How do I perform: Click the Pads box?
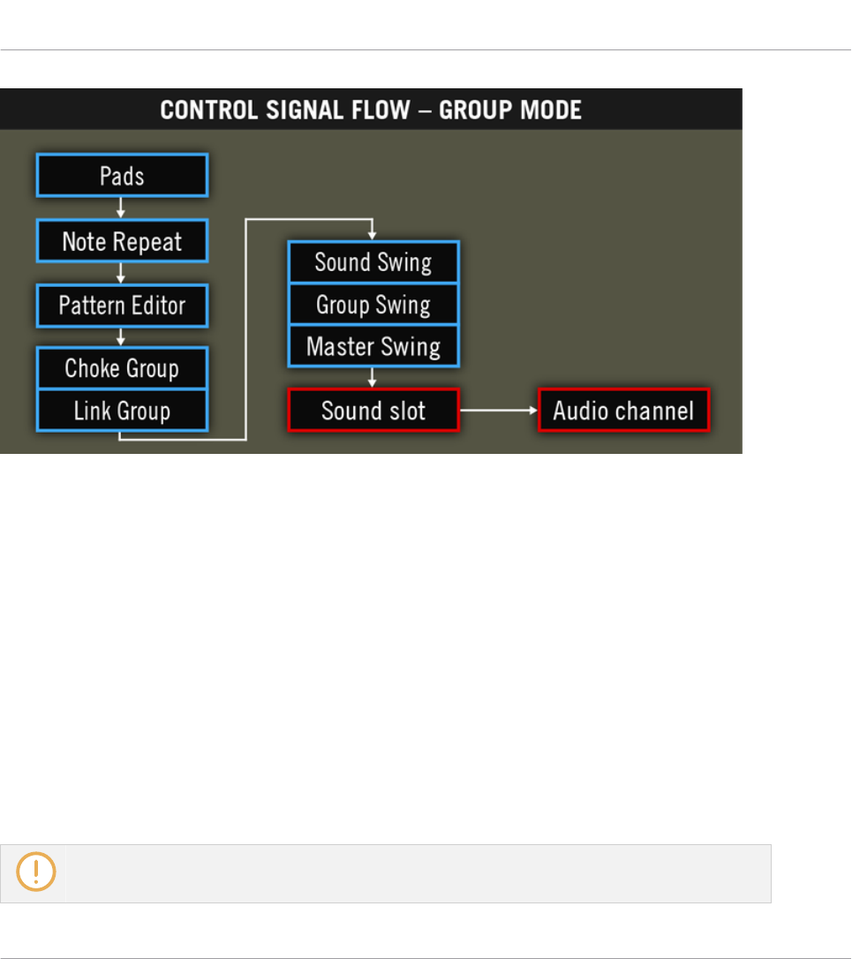[122, 177]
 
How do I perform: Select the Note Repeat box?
[122, 241]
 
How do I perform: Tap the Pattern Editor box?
[122, 306]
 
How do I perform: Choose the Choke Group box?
[122, 367]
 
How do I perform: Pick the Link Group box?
[122, 411]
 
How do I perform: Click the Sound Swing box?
[373, 262]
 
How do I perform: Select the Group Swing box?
[373, 305]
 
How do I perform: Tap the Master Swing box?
[373, 346]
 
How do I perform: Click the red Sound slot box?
[373, 411]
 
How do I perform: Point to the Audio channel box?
[623, 411]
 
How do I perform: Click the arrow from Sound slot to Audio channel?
[499, 411]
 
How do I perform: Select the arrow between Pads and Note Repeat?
[122, 208]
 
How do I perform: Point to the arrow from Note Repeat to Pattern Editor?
[122, 273]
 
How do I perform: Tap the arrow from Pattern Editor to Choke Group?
[122, 337]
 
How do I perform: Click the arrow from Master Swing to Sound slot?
[373, 378]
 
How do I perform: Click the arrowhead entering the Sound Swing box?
[373, 235]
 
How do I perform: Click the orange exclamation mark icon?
[36, 872]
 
